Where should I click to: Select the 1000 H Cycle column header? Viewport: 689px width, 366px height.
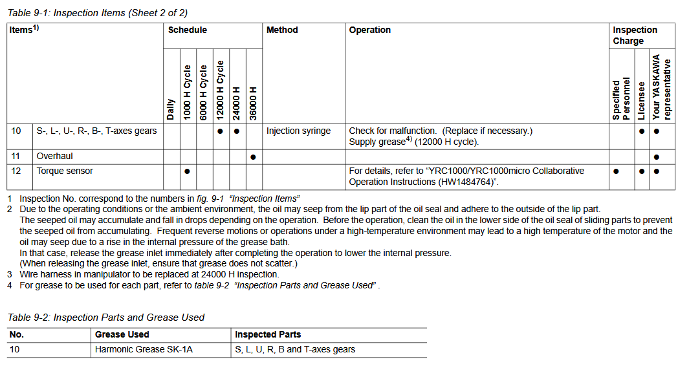(x=188, y=91)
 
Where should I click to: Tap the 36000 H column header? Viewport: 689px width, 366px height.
(x=254, y=103)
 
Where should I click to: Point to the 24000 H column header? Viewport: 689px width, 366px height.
(x=237, y=103)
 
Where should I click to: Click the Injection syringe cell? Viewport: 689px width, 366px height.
(x=298, y=131)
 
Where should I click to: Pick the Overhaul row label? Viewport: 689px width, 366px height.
(x=55, y=156)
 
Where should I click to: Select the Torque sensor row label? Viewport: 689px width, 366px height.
(x=65, y=171)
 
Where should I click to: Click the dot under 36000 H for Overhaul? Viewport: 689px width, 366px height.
(x=254, y=156)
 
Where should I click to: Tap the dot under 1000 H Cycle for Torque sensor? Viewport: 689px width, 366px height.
(x=187, y=171)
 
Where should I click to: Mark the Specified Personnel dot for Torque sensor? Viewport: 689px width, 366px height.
(x=616, y=171)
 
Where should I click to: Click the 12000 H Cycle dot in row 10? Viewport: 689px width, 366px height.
(x=221, y=131)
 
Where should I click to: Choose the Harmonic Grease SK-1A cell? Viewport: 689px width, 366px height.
(x=144, y=350)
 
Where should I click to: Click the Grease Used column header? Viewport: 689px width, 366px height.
(x=122, y=334)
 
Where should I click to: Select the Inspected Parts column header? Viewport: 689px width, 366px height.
(x=268, y=334)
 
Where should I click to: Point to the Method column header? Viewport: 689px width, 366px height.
(x=282, y=30)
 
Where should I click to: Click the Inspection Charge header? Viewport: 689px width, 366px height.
(x=635, y=36)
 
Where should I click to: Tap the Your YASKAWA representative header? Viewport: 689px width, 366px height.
(x=662, y=87)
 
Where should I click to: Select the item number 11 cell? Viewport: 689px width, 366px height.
(x=16, y=156)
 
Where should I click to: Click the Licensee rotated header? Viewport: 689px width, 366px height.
(x=641, y=100)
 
